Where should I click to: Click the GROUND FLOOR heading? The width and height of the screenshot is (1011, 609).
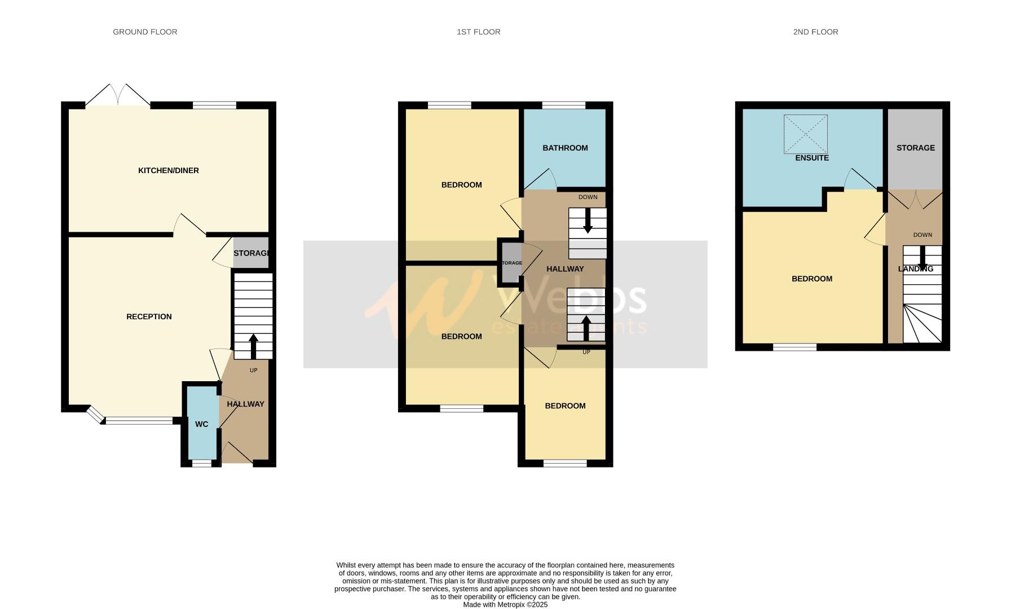[x=145, y=32]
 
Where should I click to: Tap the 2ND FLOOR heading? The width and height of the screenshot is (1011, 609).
[x=815, y=32]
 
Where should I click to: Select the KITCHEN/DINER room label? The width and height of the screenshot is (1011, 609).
[x=168, y=170]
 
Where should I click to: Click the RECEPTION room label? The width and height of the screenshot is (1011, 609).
[x=149, y=316]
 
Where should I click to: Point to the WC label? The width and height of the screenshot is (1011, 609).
[x=201, y=424]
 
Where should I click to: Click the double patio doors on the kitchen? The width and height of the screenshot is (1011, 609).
[x=118, y=96]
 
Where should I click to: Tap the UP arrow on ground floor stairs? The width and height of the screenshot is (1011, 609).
[x=253, y=345]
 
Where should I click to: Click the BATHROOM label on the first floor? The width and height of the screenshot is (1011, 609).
[x=565, y=148]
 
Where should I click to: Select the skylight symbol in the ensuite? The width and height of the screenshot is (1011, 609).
[x=805, y=134]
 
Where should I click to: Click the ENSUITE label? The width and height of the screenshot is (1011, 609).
[x=811, y=158]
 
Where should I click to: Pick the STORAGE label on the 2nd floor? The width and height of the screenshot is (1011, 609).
[x=915, y=148]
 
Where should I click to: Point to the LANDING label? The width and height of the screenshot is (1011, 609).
[x=915, y=269]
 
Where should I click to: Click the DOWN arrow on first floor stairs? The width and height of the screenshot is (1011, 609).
[x=588, y=220]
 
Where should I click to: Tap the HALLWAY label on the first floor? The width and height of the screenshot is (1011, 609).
[x=564, y=269]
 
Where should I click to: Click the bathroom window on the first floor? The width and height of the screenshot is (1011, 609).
[x=563, y=105]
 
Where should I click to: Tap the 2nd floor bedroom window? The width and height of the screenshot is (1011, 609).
[x=794, y=347]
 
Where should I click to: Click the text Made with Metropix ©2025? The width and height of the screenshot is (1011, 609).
[x=505, y=604]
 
